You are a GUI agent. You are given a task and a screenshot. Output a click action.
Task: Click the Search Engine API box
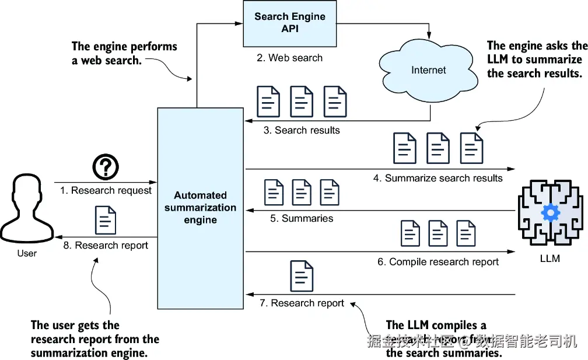pyautogui.click(x=289, y=23)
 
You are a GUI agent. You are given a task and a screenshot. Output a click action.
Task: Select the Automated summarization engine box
pyautogui.click(x=200, y=208)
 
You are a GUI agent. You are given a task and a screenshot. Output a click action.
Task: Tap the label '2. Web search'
pyautogui.click(x=289, y=58)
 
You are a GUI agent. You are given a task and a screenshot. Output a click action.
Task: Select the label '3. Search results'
pyautogui.click(x=301, y=130)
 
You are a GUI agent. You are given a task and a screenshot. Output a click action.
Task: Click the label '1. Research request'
pyautogui.click(x=106, y=190)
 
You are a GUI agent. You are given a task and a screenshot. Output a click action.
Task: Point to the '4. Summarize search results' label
pyautogui.click(x=437, y=178)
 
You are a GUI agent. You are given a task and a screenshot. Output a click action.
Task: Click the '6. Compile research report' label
pyautogui.click(x=437, y=261)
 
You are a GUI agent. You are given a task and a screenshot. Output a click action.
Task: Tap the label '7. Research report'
pyautogui.click(x=302, y=303)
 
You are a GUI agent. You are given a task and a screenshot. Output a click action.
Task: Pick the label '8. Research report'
pyautogui.click(x=106, y=246)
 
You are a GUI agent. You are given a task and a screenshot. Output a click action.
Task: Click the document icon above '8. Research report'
pyautogui.click(x=106, y=220)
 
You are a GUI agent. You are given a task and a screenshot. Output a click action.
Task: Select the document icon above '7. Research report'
pyautogui.click(x=302, y=277)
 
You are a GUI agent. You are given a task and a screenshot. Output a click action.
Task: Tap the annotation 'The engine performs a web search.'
pyautogui.click(x=124, y=53)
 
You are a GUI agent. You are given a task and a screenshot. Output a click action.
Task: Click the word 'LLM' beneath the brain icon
pyautogui.click(x=549, y=258)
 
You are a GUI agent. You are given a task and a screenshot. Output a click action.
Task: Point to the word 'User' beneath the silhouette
pyautogui.click(x=27, y=253)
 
